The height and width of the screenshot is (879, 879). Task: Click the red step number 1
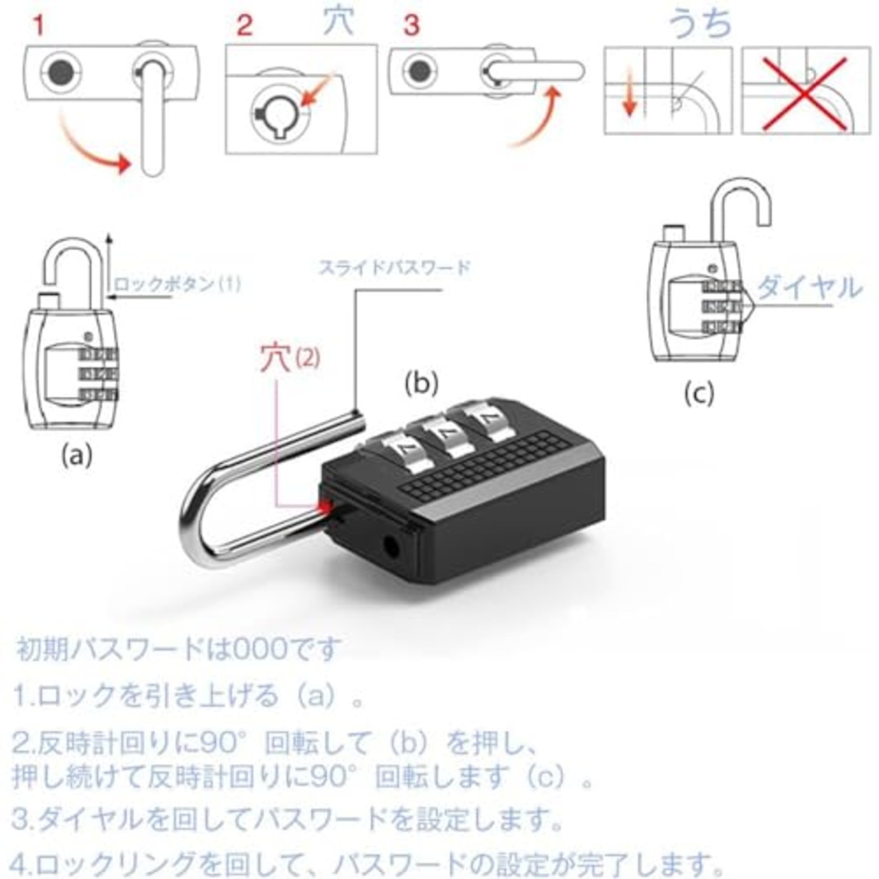point(38,26)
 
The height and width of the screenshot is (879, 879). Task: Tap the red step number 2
point(244,26)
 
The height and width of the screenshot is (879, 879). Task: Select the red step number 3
point(411,26)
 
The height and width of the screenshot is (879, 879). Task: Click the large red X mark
point(806,91)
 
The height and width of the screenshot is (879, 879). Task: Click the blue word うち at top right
point(700,25)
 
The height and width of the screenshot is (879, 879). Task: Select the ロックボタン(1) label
point(177,284)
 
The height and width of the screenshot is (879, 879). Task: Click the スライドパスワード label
point(394,267)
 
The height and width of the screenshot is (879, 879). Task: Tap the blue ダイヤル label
point(808,287)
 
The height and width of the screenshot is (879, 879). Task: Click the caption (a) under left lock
point(76,454)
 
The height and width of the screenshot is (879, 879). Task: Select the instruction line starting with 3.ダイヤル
point(288,818)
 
